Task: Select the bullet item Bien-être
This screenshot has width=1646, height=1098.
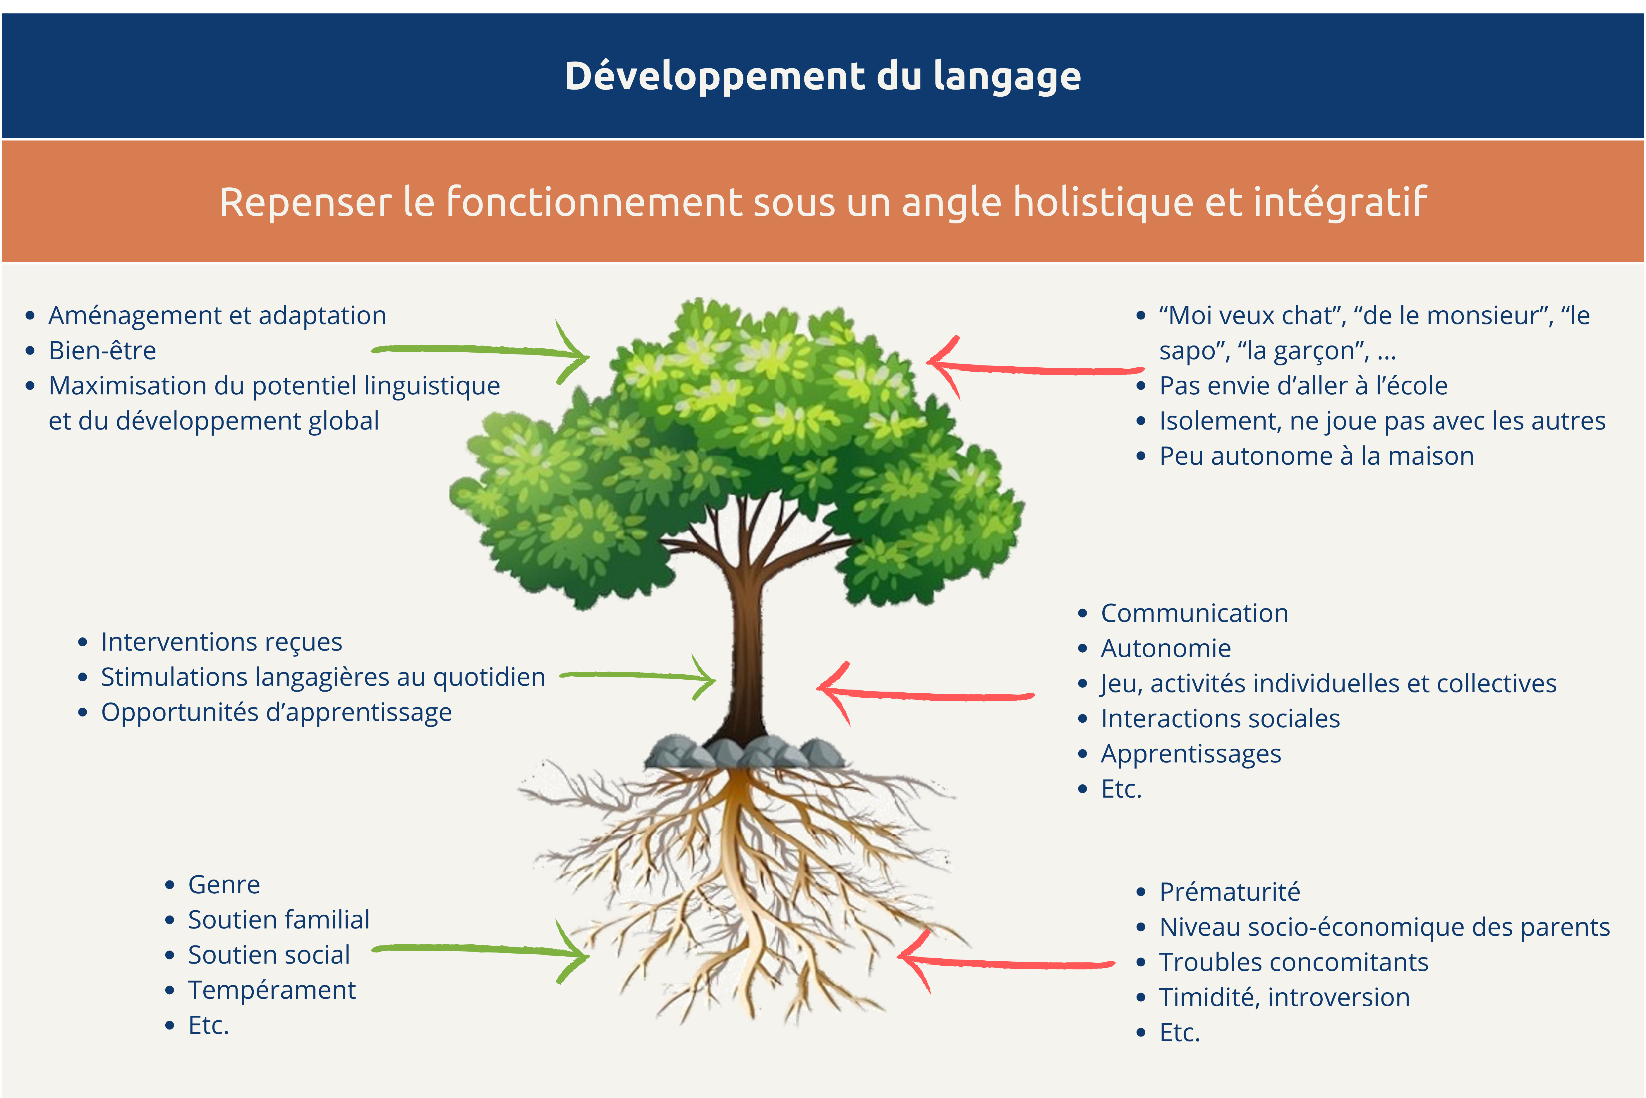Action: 102,350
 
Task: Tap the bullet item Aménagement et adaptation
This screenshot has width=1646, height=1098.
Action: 217,315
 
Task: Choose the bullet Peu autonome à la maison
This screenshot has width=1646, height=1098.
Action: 1316,456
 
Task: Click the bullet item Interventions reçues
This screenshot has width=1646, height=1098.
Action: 221,642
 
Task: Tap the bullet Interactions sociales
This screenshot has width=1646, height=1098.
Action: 1220,719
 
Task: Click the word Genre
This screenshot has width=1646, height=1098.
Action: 224,885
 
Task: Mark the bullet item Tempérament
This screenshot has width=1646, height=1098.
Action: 272,990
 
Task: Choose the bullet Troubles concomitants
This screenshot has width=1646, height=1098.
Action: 1293,962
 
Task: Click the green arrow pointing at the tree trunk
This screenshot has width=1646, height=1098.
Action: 637,676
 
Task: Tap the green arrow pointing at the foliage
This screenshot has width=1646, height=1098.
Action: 483,350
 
